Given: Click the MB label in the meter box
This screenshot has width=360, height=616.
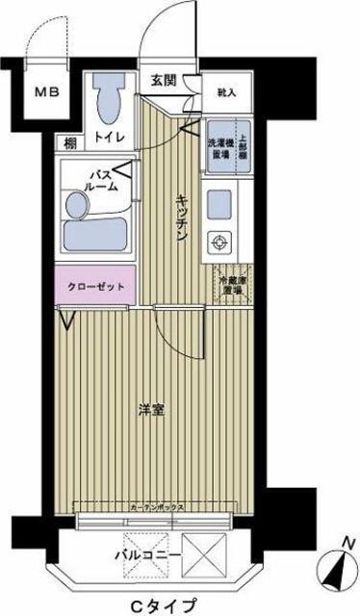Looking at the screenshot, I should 45,92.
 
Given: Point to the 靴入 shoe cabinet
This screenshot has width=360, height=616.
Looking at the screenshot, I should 227,92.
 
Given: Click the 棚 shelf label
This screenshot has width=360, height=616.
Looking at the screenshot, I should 70,141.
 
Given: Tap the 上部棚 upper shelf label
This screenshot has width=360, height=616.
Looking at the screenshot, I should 244,137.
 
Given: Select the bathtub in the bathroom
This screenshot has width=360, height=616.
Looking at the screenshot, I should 96,235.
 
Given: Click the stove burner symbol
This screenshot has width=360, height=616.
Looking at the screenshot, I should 220,244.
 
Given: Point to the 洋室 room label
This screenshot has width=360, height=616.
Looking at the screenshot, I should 151,411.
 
